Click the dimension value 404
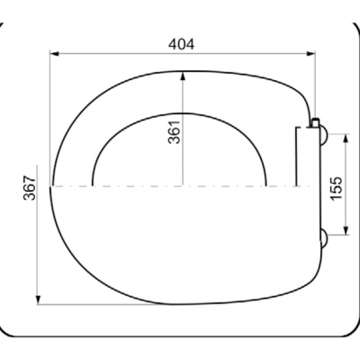(x=181, y=44)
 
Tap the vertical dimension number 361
(x=175, y=132)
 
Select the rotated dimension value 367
(x=30, y=188)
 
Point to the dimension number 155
(x=336, y=188)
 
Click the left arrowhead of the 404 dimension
(x=54, y=54)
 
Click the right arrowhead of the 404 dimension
(x=310, y=54)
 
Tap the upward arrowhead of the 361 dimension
(x=183, y=76)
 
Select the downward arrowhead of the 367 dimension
(x=38, y=300)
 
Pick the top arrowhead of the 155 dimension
(x=346, y=138)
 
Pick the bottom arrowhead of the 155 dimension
(x=346, y=230)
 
